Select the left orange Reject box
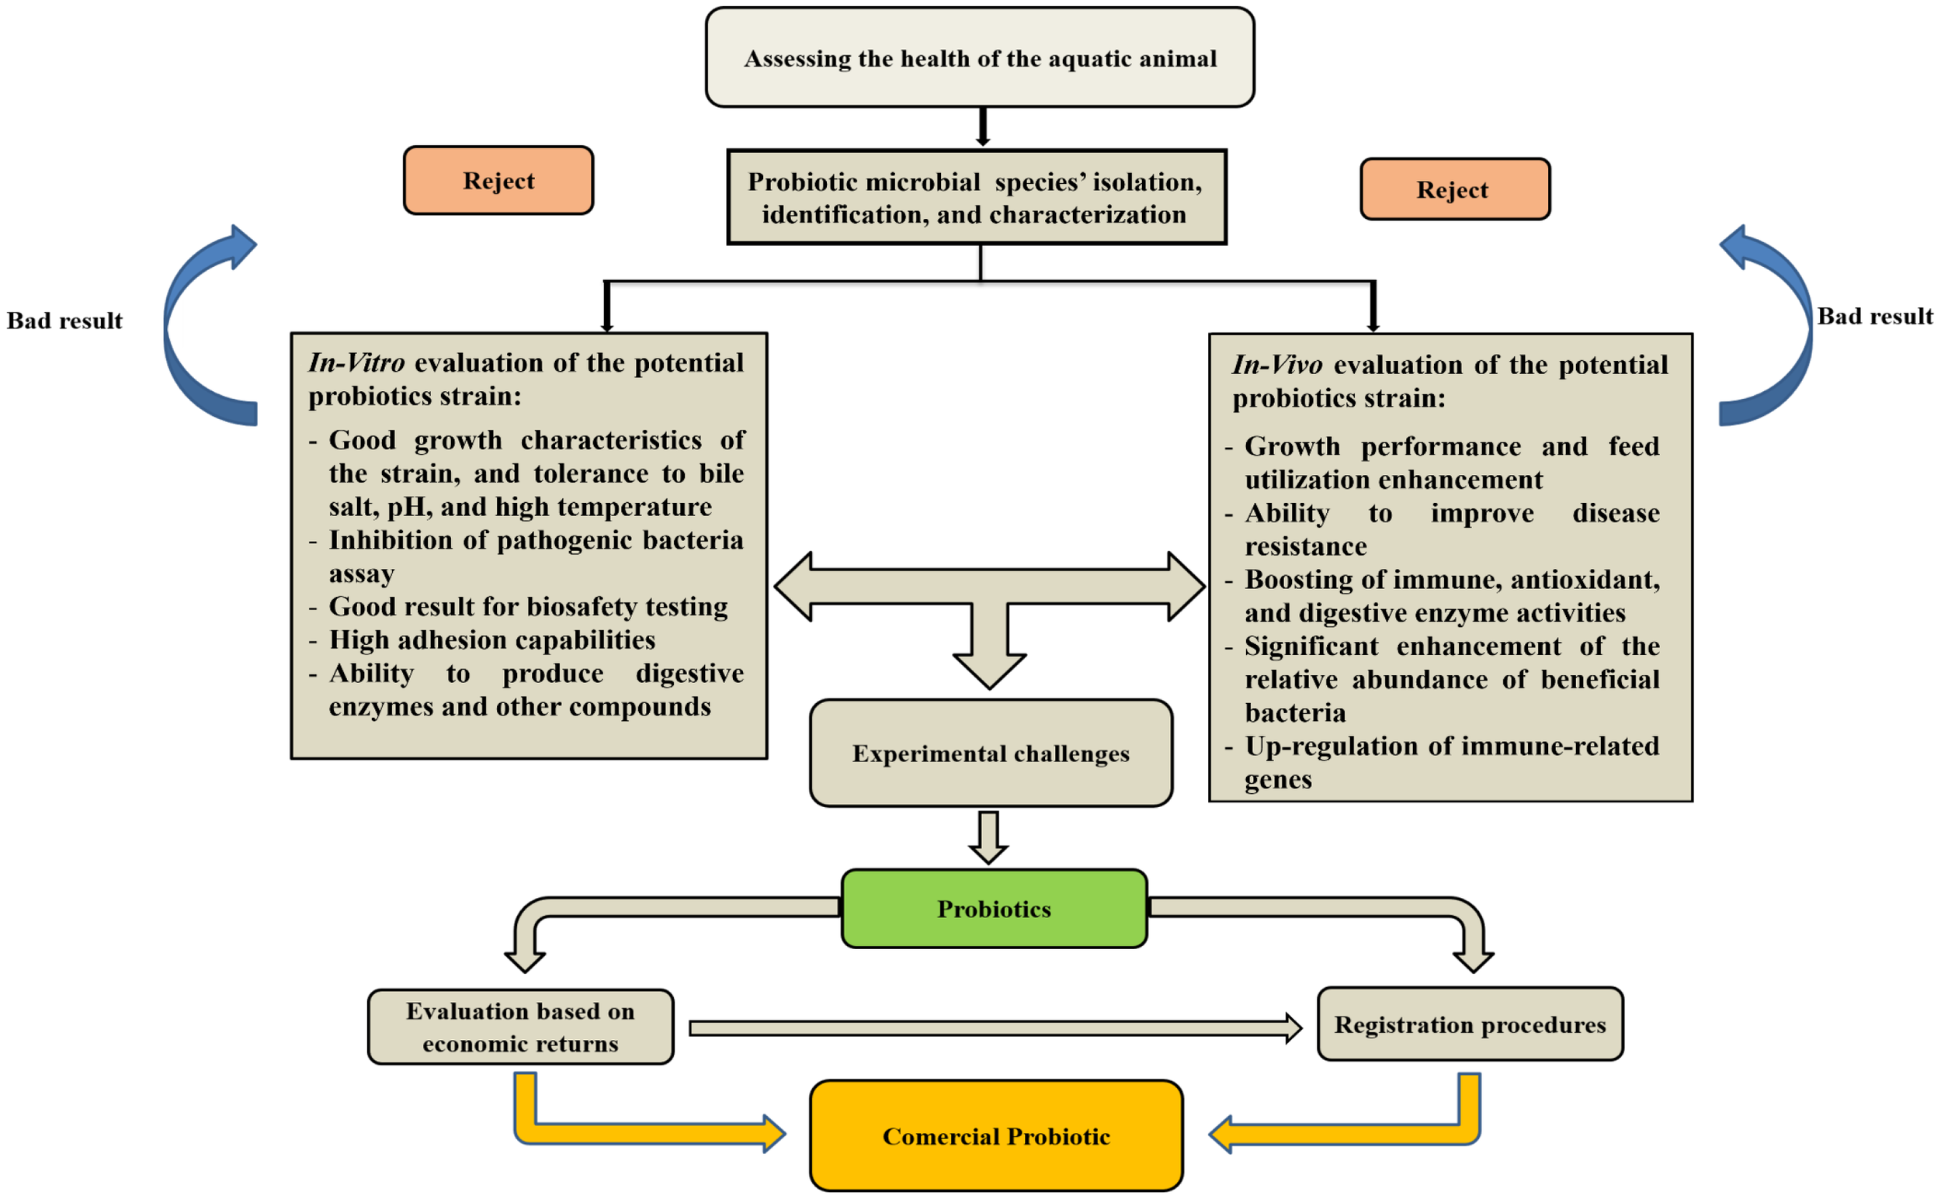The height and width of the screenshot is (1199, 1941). coord(498,180)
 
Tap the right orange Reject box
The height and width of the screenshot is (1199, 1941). coord(1454,189)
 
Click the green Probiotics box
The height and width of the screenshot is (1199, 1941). coord(994,909)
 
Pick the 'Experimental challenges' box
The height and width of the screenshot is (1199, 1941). coord(991,754)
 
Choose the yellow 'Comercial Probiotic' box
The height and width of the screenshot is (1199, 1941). coord(995,1135)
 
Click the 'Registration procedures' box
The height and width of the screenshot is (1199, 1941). coord(1470,1024)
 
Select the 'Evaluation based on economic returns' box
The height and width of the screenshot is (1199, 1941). coord(520,1027)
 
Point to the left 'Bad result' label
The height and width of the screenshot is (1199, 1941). coord(64,321)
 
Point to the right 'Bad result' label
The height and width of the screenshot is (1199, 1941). coord(1874,317)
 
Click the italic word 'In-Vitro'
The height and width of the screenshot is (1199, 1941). coord(356,362)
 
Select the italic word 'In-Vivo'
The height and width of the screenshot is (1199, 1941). coord(1276,365)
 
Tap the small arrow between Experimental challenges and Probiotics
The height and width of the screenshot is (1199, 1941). coord(988,837)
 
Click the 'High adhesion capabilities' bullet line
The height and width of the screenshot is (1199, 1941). coord(491,640)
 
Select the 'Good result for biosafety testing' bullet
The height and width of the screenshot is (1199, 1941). coord(527,607)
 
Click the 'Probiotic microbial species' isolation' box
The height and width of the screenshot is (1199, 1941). coord(977,197)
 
